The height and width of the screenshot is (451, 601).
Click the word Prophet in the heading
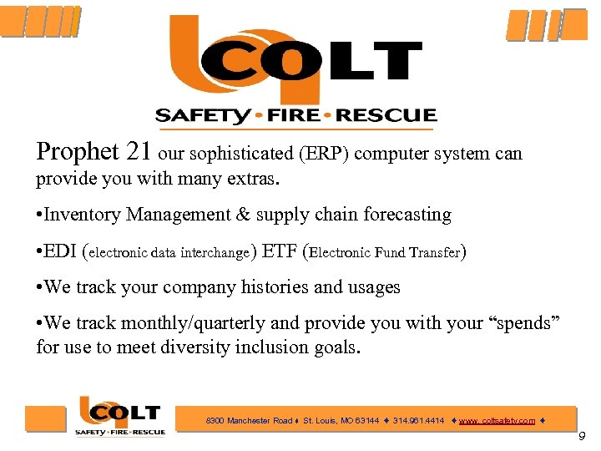(x=78, y=152)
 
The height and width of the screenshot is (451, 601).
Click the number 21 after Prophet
(x=139, y=151)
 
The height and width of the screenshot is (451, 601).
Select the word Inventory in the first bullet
(x=82, y=215)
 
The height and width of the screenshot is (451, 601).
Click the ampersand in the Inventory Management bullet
(x=244, y=215)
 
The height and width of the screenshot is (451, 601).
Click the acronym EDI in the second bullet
(x=61, y=251)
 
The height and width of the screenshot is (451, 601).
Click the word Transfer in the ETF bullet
(x=434, y=252)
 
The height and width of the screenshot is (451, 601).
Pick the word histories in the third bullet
(x=278, y=287)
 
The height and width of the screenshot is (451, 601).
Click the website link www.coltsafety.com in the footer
(x=497, y=421)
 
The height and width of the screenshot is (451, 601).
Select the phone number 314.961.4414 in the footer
(x=419, y=421)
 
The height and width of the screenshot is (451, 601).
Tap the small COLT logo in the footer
(x=119, y=415)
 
